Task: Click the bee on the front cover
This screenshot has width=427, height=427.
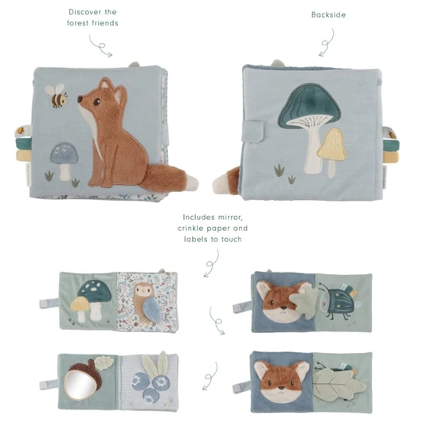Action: (x=57, y=96)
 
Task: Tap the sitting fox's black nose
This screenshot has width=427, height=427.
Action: (x=80, y=99)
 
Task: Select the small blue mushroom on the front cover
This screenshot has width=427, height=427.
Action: (x=64, y=161)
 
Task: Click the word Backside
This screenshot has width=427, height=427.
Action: (x=328, y=14)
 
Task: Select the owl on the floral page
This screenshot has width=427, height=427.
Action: (x=146, y=303)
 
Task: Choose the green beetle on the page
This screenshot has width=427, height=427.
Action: (x=339, y=301)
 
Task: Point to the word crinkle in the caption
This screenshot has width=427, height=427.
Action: (x=191, y=228)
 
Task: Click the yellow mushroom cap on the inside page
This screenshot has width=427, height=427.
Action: (x=80, y=304)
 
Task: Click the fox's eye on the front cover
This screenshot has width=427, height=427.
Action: (x=97, y=102)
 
